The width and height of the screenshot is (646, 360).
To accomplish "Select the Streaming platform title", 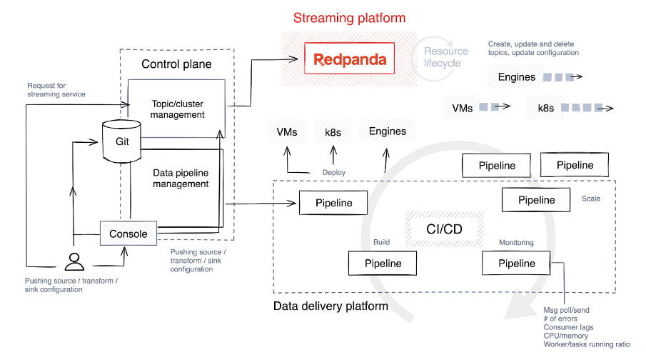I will point(349,18).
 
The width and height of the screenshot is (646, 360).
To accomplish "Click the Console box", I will point(128,234).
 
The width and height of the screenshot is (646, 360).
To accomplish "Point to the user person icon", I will point(74,262).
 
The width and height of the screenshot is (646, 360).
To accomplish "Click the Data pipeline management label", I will point(181,178).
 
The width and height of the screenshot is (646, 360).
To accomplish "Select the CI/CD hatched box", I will point(444,229).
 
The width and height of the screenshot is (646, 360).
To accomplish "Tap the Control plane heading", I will point(176,64).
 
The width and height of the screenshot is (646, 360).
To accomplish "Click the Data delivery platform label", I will point(330,306).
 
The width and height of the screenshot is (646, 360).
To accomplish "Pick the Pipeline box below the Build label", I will point(383,263).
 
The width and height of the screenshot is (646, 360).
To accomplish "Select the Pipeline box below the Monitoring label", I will point(516,263).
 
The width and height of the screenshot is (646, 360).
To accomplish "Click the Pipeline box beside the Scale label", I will point(536,200).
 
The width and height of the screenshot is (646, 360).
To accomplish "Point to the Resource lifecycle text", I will point(446,57).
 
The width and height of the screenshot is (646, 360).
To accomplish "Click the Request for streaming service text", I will point(56,90).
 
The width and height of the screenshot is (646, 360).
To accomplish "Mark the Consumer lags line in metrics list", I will point(568,327).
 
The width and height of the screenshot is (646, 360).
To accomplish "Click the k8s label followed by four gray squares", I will point(546,108).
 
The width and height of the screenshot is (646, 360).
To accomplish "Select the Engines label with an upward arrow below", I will point(387,131).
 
